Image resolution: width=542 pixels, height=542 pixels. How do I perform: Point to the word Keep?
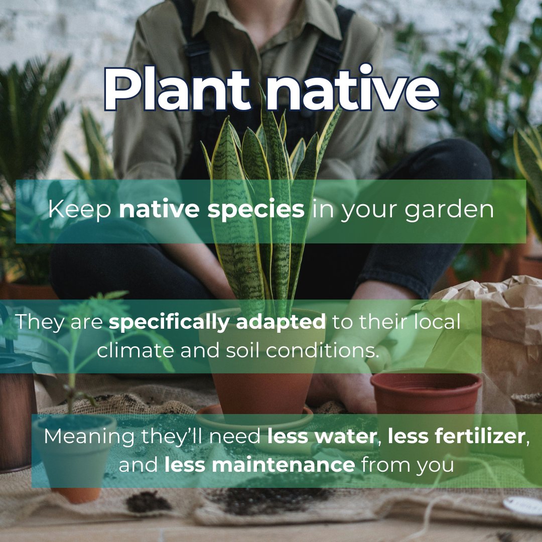[x=80, y=209]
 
